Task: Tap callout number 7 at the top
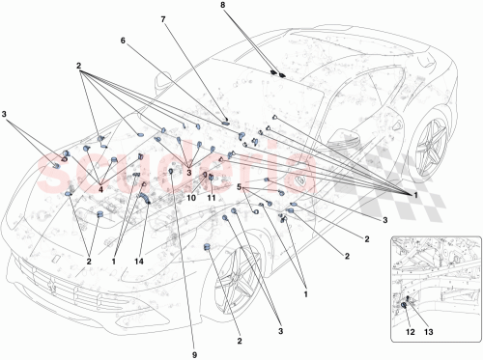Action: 162,18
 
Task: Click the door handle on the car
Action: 301,180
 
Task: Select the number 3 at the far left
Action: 9,117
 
